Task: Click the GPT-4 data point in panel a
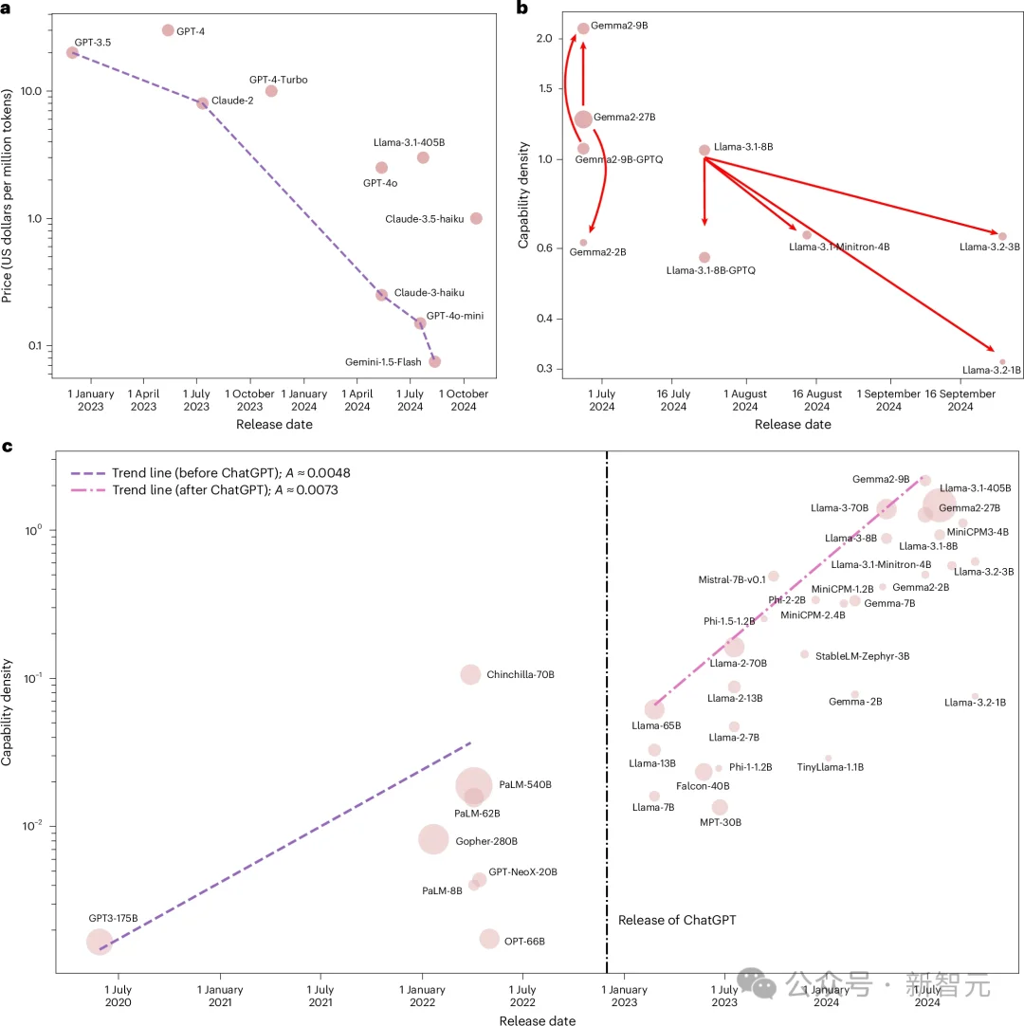[x=168, y=30]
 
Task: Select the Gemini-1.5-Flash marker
[x=434, y=361]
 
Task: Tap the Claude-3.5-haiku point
[x=476, y=218]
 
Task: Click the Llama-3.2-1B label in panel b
[x=991, y=370]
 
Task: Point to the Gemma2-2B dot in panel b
[x=583, y=243]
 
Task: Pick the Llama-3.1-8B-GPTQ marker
[x=704, y=257]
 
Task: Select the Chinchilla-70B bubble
[x=470, y=674]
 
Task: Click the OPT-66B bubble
[x=489, y=939]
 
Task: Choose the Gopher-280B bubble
[x=433, y=839]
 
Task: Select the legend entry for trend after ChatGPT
[x=204, y=490]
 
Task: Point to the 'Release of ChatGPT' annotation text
[x=677, y=920]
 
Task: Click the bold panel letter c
[x=8, y=446]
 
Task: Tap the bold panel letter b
[x=521, y=8]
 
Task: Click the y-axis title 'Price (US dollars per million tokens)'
[x=9, y=196]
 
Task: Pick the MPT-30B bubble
[x=720, y=807]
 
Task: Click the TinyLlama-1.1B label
[x=830, y=767]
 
